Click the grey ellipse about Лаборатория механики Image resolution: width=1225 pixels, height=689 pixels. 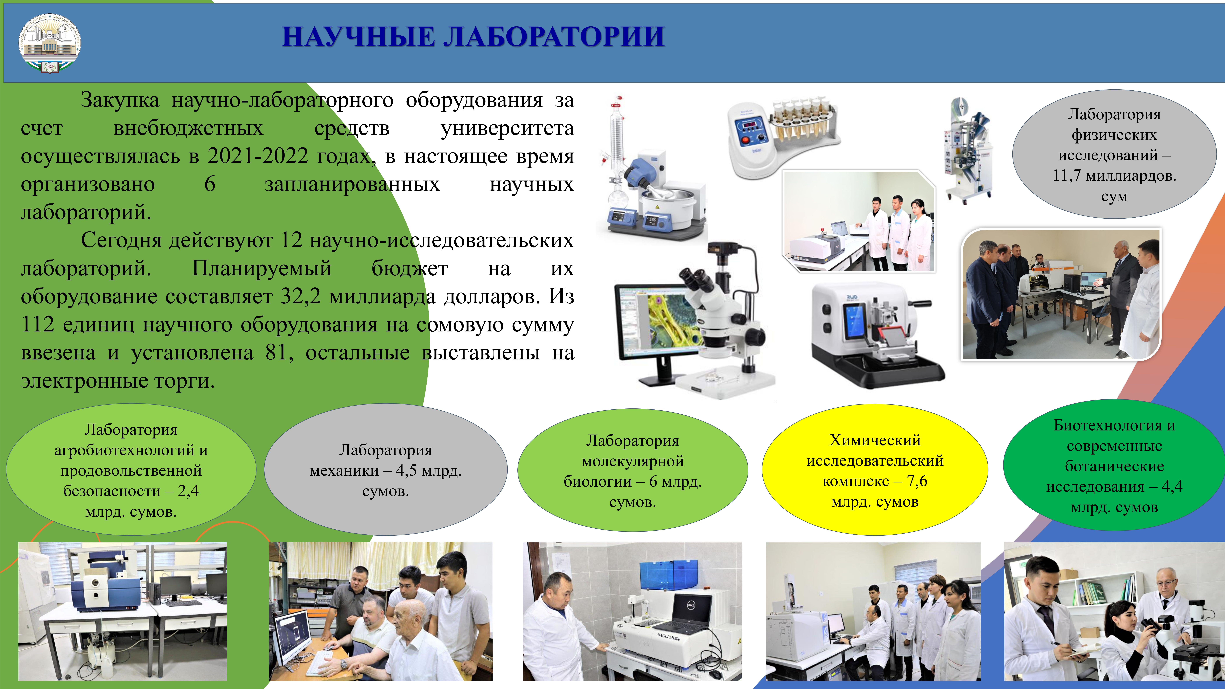click(386, 470)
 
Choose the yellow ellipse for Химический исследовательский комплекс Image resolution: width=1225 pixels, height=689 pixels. click(875, 470)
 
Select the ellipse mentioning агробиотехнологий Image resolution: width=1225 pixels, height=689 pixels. click(131, 470)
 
